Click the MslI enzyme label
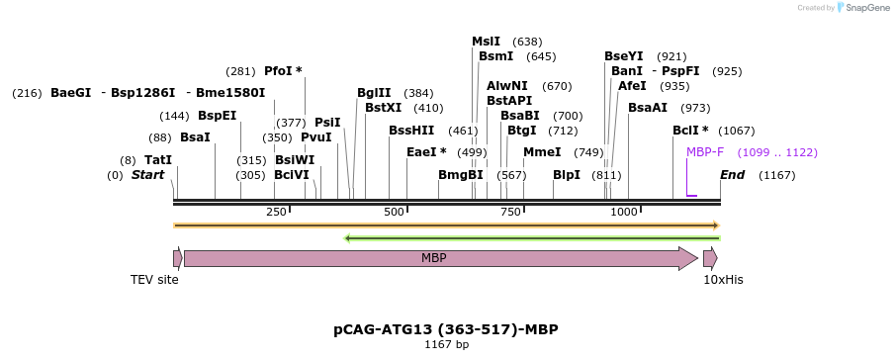click(486, 42)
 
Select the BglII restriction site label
click(374, 93)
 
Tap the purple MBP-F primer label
click(705, 152)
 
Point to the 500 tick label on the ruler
click(394, 213)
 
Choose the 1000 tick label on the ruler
click(624, 213)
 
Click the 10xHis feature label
click(723, 280)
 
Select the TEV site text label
click(154, 280)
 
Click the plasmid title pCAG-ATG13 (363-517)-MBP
click(452, 328)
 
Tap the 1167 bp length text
click(447, 345)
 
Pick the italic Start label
click(147, 175)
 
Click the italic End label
click(733, 175)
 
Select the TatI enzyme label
click(158, 159)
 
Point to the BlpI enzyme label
click(567, 175)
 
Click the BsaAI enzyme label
click(648, 108)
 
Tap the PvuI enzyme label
click(315, 137)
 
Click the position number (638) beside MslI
click(527, 42)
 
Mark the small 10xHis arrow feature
click(710, 259)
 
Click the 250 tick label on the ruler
click(276, 213)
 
